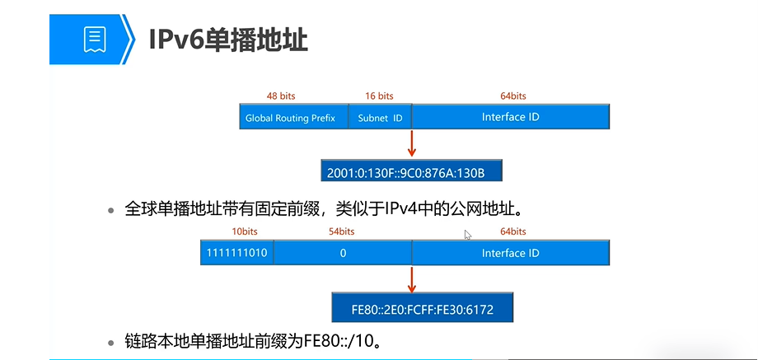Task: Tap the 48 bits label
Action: coord(281,96)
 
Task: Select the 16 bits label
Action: coord(379,96)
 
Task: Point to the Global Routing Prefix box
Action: coord(290,118)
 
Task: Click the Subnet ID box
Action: coord(380,118)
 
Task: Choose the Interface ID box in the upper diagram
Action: coord(510,117)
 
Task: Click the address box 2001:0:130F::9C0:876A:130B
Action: coord(411,171)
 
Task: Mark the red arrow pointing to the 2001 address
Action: coord(411,143)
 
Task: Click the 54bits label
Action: coord(342,231)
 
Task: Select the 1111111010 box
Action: coord(237,253)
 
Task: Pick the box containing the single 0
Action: coord(343,253)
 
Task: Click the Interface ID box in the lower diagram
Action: coord(510,253)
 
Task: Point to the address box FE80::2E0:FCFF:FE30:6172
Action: coord(423,306)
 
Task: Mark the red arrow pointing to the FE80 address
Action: coord(411,278)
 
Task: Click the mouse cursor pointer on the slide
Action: coord(467,235)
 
